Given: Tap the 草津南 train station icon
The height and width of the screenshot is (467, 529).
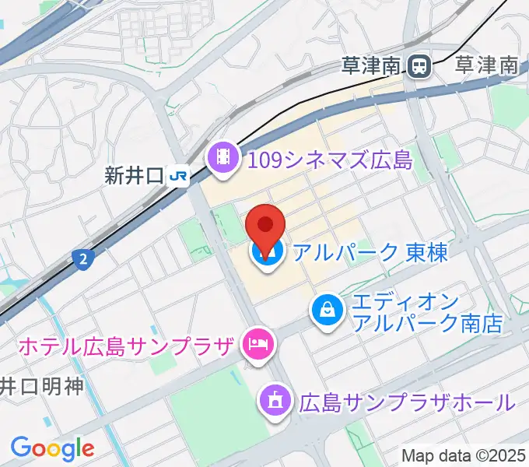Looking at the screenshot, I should [421, 66].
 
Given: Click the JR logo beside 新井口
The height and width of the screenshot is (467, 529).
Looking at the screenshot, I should [179, 177].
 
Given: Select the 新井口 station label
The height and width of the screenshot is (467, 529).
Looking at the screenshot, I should [134, 177].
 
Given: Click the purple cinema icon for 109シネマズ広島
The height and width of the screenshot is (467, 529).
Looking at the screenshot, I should [223, 160].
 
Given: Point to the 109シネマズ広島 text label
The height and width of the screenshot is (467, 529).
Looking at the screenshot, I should [329, 161].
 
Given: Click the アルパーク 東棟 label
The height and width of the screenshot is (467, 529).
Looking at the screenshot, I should [370, 252].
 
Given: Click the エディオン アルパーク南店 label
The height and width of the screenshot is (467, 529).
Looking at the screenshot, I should [427, 311].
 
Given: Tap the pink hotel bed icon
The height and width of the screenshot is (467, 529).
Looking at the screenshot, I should [257, 342].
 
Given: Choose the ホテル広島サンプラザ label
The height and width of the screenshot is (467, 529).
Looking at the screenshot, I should [124, 345].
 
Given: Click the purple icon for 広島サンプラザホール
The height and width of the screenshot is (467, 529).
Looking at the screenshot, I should [274, 402].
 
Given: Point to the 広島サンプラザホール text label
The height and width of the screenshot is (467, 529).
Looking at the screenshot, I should [406, 402].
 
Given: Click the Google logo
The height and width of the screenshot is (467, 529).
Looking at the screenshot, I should [52, 448].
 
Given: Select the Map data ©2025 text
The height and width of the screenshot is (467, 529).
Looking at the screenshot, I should [464, 455].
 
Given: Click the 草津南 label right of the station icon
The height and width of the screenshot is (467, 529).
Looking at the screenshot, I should [486, 65].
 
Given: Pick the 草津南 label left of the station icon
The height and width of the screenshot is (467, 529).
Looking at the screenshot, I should [371, 65].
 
